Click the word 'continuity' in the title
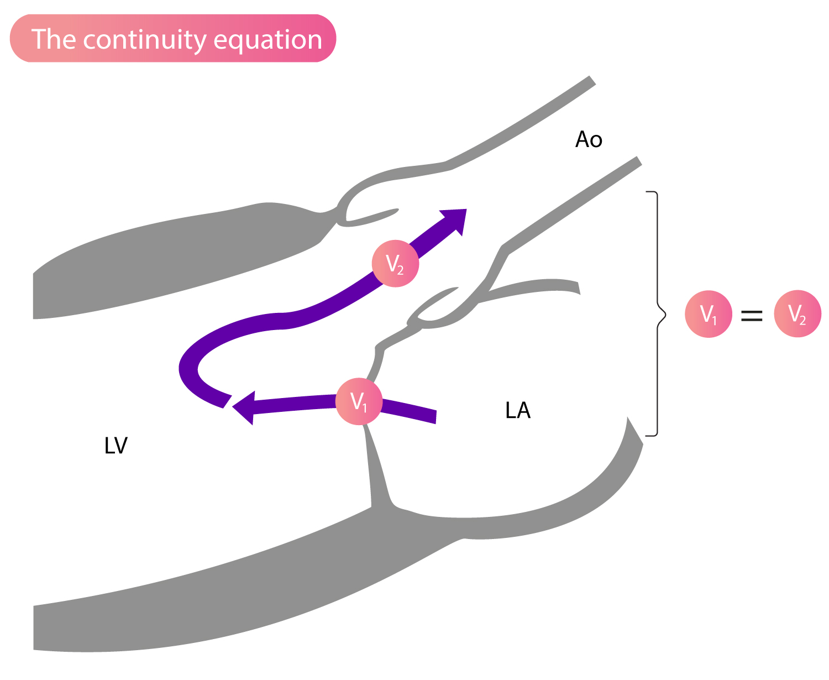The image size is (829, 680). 145,40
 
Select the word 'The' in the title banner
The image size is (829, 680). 54,39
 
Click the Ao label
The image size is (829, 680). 589,139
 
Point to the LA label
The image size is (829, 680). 518,410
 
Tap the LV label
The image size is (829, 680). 116,445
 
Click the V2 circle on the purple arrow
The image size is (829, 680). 395,264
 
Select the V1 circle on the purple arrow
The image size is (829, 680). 359,401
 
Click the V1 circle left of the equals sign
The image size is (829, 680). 709,314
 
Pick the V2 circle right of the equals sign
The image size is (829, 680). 797,314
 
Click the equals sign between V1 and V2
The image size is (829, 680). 752,315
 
